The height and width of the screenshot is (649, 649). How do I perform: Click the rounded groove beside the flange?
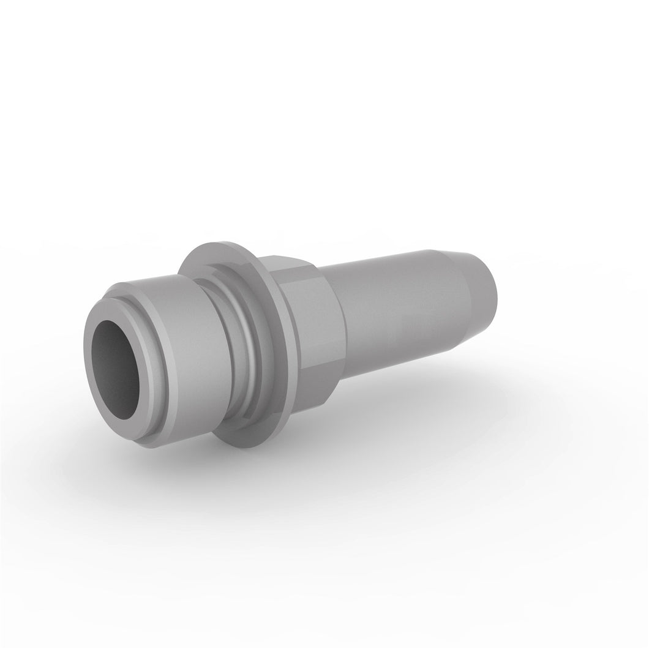236,343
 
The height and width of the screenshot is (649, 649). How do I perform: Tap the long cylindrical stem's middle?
398,318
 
